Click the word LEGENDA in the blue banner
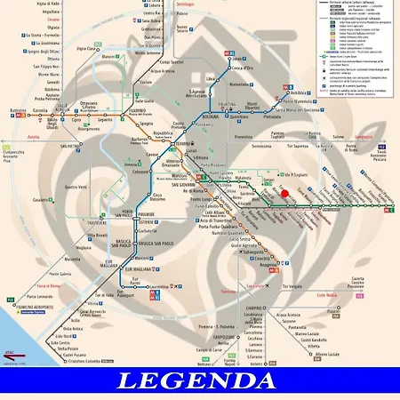[200, 382]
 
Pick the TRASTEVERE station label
[99, 221]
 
